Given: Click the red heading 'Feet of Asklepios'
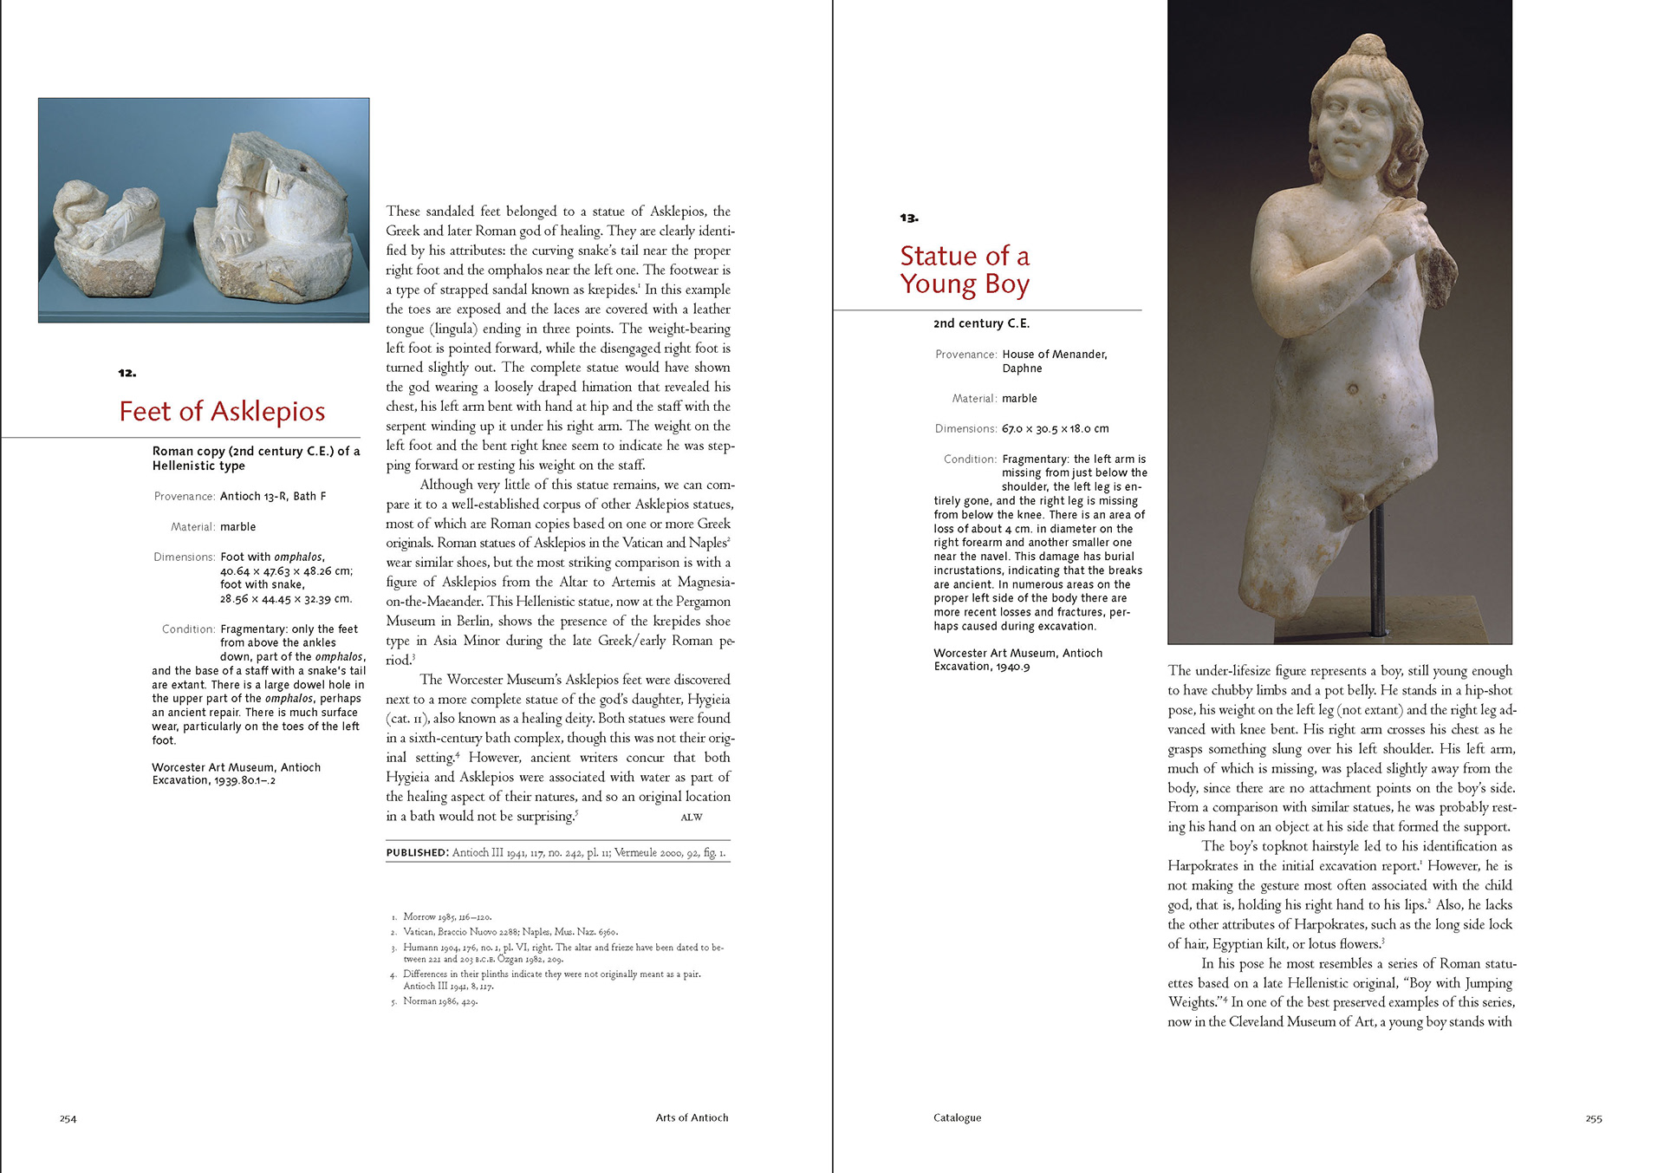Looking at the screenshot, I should [x=222, y=411].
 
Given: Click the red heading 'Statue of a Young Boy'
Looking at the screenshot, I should [x=964, y=270].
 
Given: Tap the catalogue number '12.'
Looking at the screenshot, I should [x=127, y=373].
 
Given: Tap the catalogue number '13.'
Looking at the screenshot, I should [x=908, y=218].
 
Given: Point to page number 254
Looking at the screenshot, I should [x=68, y=1118].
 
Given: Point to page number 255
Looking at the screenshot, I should [x=1593, y=1118].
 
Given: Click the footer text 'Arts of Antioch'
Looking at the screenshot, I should [x=692, y=1118].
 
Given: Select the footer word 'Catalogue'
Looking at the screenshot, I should [x=957, y=1118].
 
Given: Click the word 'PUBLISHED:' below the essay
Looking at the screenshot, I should [x=417, y=852].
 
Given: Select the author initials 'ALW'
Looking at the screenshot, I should [x=691, y=818].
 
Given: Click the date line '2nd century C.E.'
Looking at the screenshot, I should [x=981, y=323].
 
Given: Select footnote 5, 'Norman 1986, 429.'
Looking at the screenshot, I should [x=439, y=1001].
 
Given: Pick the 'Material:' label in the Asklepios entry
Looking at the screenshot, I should [x=193, y=527].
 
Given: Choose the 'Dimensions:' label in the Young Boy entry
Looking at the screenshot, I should [x=965, y=429].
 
